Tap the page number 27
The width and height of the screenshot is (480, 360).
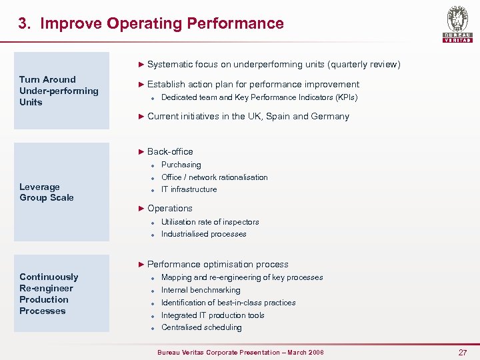pos(463,352)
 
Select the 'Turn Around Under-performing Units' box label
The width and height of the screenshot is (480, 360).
pos(59,91)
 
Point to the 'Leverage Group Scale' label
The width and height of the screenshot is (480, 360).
pos(47,192)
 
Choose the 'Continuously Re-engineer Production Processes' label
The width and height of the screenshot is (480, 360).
pos(49,294)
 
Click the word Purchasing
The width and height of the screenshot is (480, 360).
pos(181,165)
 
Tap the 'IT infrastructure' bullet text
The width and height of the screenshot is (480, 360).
pos(189,189)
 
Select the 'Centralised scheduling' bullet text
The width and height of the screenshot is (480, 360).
pos(201,327)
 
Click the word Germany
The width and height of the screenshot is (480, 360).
pos(331,117)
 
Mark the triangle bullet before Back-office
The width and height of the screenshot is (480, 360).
pos(141,152)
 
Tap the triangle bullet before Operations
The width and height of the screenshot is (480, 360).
pos(141,209)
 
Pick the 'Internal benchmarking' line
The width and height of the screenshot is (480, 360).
pos(201,290)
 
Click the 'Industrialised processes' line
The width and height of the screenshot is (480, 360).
pos(203,234)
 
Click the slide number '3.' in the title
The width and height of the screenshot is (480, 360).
pos(24,24)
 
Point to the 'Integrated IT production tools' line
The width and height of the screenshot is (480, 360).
pos(213,315)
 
